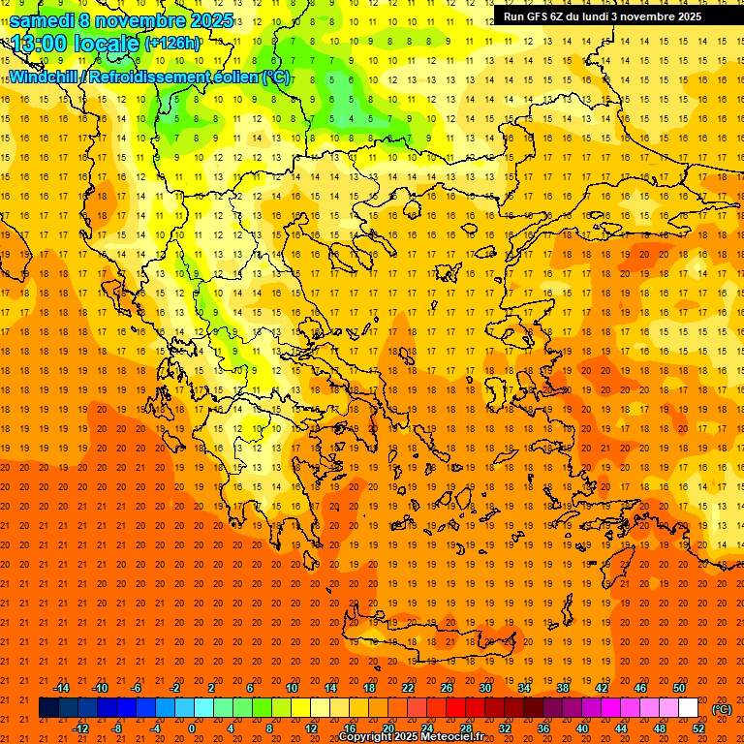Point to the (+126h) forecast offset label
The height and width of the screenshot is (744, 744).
tap(171, 44)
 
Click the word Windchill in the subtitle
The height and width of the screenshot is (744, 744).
tap(44, 77)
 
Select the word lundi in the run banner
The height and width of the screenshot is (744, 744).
tap(608, 16)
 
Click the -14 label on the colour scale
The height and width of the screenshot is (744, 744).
tap(61, 688)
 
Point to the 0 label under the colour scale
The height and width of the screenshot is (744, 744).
tap(191, 728)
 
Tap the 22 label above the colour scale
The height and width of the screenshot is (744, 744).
tap(408, 688)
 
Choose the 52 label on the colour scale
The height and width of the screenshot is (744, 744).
tap(697, 728)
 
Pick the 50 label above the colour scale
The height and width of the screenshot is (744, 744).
tap(678, 688)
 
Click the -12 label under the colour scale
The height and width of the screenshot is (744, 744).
tap(80, 728)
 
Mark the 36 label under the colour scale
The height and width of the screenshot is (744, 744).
tap(542, 728)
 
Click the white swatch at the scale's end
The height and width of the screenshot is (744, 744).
tap(688, 708)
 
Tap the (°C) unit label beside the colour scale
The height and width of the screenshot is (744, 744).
tap(722, 709)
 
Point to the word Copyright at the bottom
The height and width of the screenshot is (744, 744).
tap(367, 737)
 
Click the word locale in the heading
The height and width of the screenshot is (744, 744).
tap(105, 44)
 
